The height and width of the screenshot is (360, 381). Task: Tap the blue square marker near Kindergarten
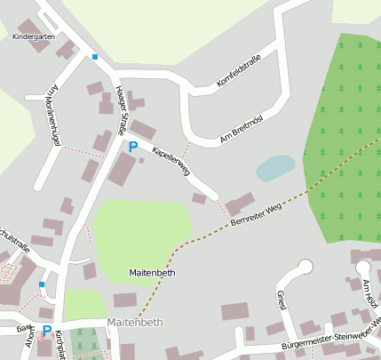point(95,58)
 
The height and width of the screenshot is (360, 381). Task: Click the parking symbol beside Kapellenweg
point(133,147)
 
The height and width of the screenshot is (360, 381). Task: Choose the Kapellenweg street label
point(171,159)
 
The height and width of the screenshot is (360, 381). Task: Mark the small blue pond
point(274,167)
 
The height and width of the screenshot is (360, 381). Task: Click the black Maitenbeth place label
point(153,272)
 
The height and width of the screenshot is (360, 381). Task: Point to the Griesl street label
point(281,302)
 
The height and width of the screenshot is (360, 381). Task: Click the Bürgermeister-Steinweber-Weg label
point(329,335)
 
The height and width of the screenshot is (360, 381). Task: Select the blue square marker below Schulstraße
point(42,284)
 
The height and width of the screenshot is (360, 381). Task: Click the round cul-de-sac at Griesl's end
point(306,266)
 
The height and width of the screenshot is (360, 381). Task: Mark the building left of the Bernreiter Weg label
point(239,205)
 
